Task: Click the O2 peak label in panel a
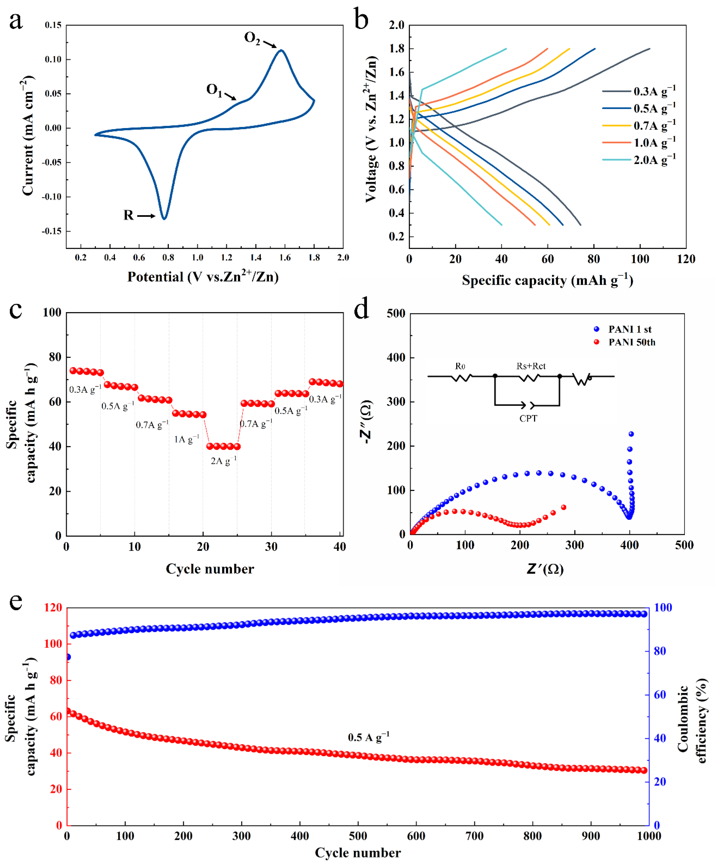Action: pyautogui.click(x=252, y=38)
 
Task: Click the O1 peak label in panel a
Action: pyautogui.click(x=214, y=90)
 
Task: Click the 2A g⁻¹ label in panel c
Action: pyautogui.click(x=224, y=460)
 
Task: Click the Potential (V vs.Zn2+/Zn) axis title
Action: pyautogui.click(x=203, y=276)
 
